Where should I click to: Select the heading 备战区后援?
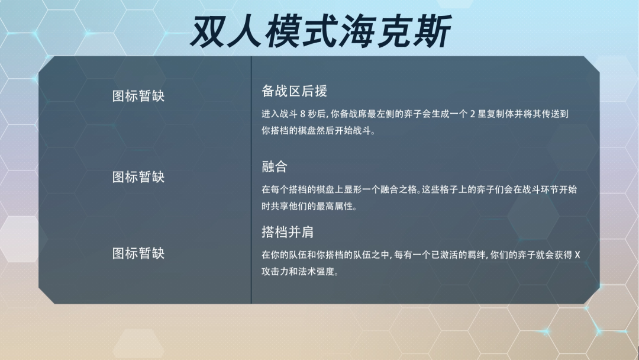click(294, 91)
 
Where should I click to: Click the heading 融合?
click(275, 166)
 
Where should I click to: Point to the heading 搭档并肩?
click(288, 232)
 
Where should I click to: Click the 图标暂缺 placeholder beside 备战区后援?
click(138, 97)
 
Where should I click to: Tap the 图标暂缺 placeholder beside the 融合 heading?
click(138, 177)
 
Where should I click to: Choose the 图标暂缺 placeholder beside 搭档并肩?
click(138, 253)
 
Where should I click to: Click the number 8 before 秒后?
click(302, 114)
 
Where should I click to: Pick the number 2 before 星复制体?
click(472, 114)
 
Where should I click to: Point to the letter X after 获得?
click(577, 255)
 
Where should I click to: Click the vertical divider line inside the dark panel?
click(251, 180)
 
